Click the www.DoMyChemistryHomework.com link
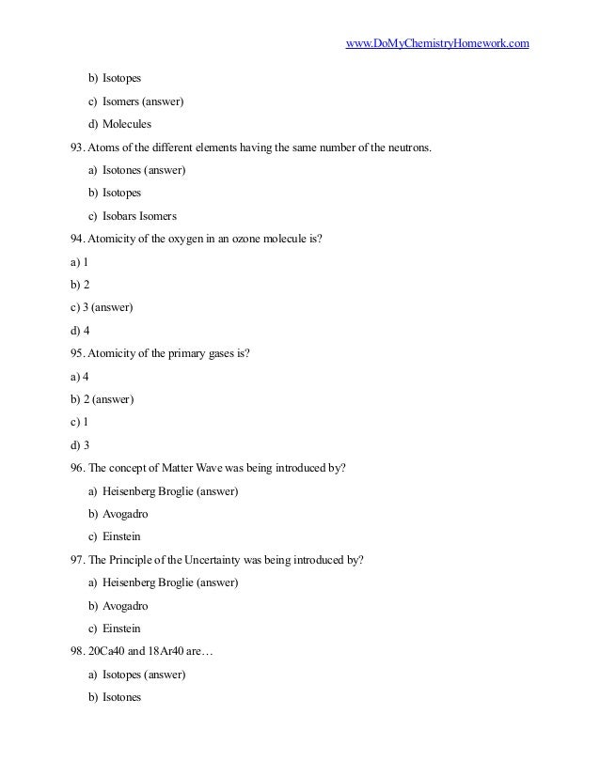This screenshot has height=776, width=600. click(x=437, y=43)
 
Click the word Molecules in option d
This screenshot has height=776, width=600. click(x=127, y=124)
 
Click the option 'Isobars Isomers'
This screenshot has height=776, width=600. click(x=139, y=216)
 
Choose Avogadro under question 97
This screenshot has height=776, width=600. click(x=125, y=606)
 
